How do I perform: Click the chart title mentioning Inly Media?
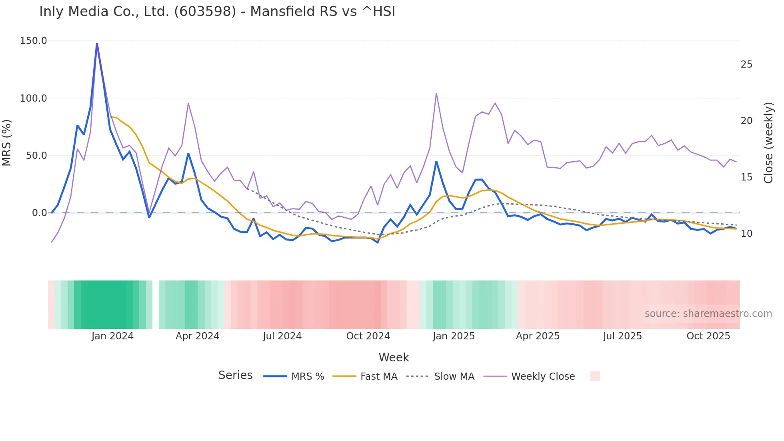click(x=217, y=12)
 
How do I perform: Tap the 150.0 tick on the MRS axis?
click(x=34, y=41)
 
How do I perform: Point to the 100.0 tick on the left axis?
click(x=34, y=98)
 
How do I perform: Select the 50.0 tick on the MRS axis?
click(x=36, y=156)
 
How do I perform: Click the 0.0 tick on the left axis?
click(x=39, y=213)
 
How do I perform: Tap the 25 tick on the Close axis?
click(x=746, y=64)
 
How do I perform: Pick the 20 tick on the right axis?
click(x=746, y=121)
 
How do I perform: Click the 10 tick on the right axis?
click(x=746, y=234)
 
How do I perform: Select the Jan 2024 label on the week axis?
click(x=112, y=336)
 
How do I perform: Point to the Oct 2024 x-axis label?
click(x=368, y=336)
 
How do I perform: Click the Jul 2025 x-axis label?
click(x=622, y=336)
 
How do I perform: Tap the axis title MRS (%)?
click(x=7, y=143)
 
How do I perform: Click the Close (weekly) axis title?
click(x=768, y=143)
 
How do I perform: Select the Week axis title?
click(x=394, y=357)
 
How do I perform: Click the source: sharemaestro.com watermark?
click(x=708, y=314)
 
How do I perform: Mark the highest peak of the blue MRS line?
click(x=97, y=43)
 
